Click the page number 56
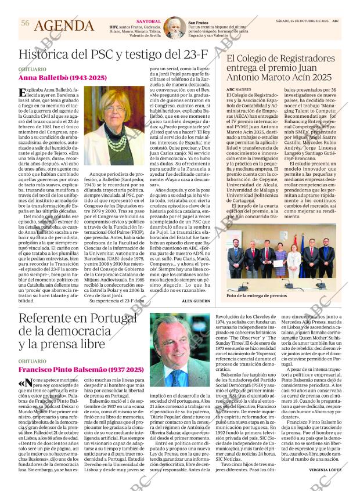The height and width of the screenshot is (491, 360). (x=25, y=23)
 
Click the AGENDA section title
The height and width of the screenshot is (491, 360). (x=64, y=26)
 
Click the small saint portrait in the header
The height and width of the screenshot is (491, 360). (x=174, y=27)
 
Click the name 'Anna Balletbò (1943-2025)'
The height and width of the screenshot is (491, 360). (x=63, y=77)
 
